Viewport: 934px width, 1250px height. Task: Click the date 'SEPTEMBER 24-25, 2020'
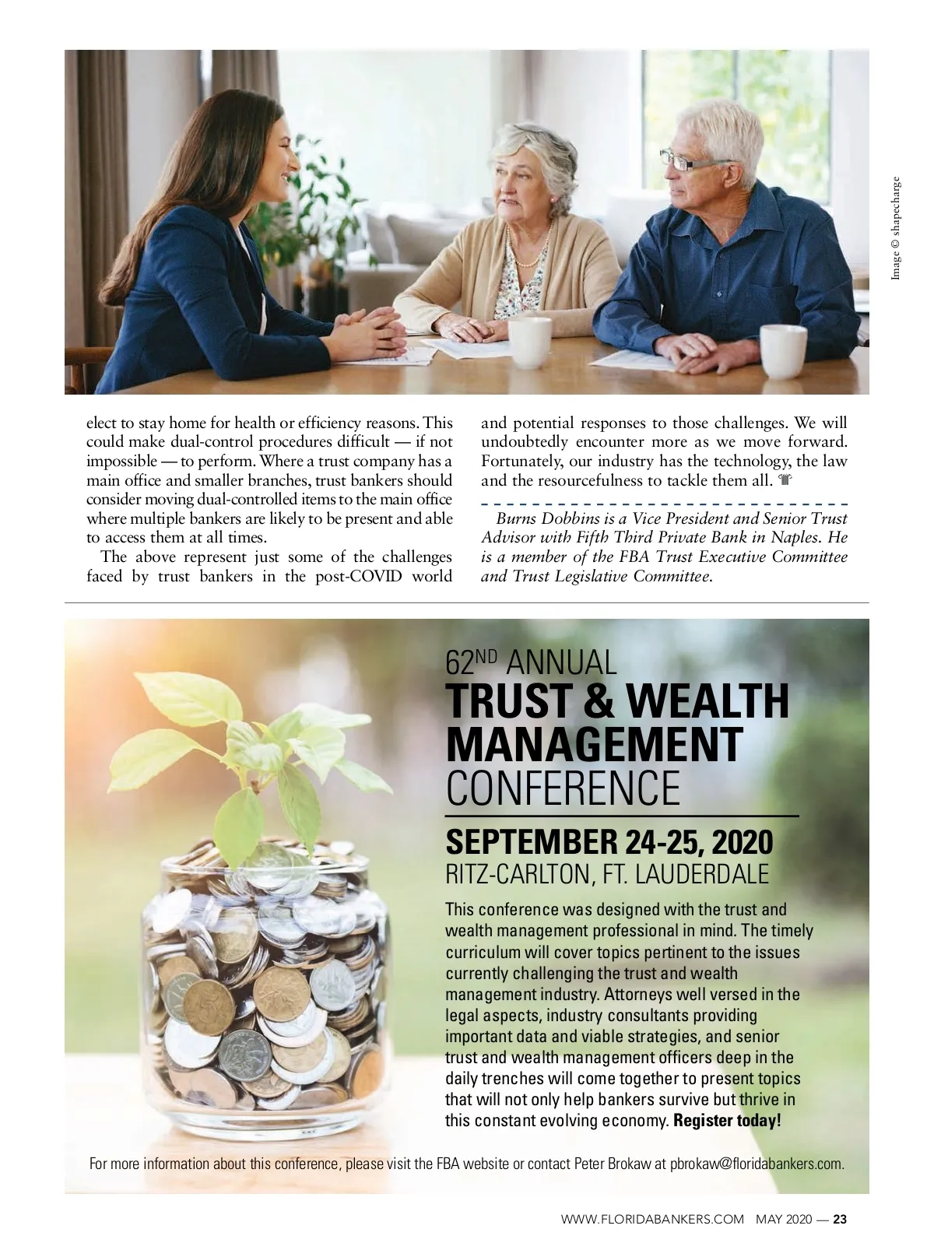coord(609,841)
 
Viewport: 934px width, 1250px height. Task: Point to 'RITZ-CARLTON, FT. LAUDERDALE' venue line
coord(606,874)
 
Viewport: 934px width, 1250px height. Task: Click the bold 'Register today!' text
coord(726,1121)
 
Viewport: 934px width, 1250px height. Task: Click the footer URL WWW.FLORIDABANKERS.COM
coord(652,1220)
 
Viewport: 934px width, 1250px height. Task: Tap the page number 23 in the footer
coord(840,1220)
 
